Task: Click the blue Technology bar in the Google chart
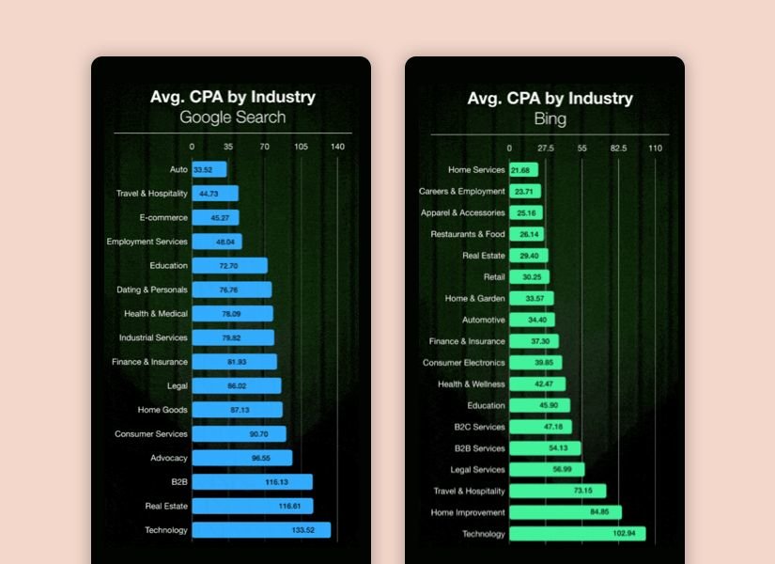pos(261,530)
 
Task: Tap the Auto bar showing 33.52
pos(209,170)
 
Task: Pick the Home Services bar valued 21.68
pos(523,170)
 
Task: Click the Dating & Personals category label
pos(152,290)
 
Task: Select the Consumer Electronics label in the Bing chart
pos(464,363)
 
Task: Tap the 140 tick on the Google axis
pos(337,148)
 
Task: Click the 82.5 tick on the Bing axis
pos(618,149)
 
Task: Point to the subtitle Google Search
pos(233,117)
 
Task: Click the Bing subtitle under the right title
pos(550,118)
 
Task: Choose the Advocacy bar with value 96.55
pos(241,458)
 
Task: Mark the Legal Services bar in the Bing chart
pos(547,469)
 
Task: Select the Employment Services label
pos(147,242)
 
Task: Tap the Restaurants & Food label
pos(468,234)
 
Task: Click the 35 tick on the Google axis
pos(228,148)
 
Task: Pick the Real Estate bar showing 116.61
pos(252,507)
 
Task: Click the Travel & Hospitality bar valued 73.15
pos(557,491)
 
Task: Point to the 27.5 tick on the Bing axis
pos(545,149)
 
